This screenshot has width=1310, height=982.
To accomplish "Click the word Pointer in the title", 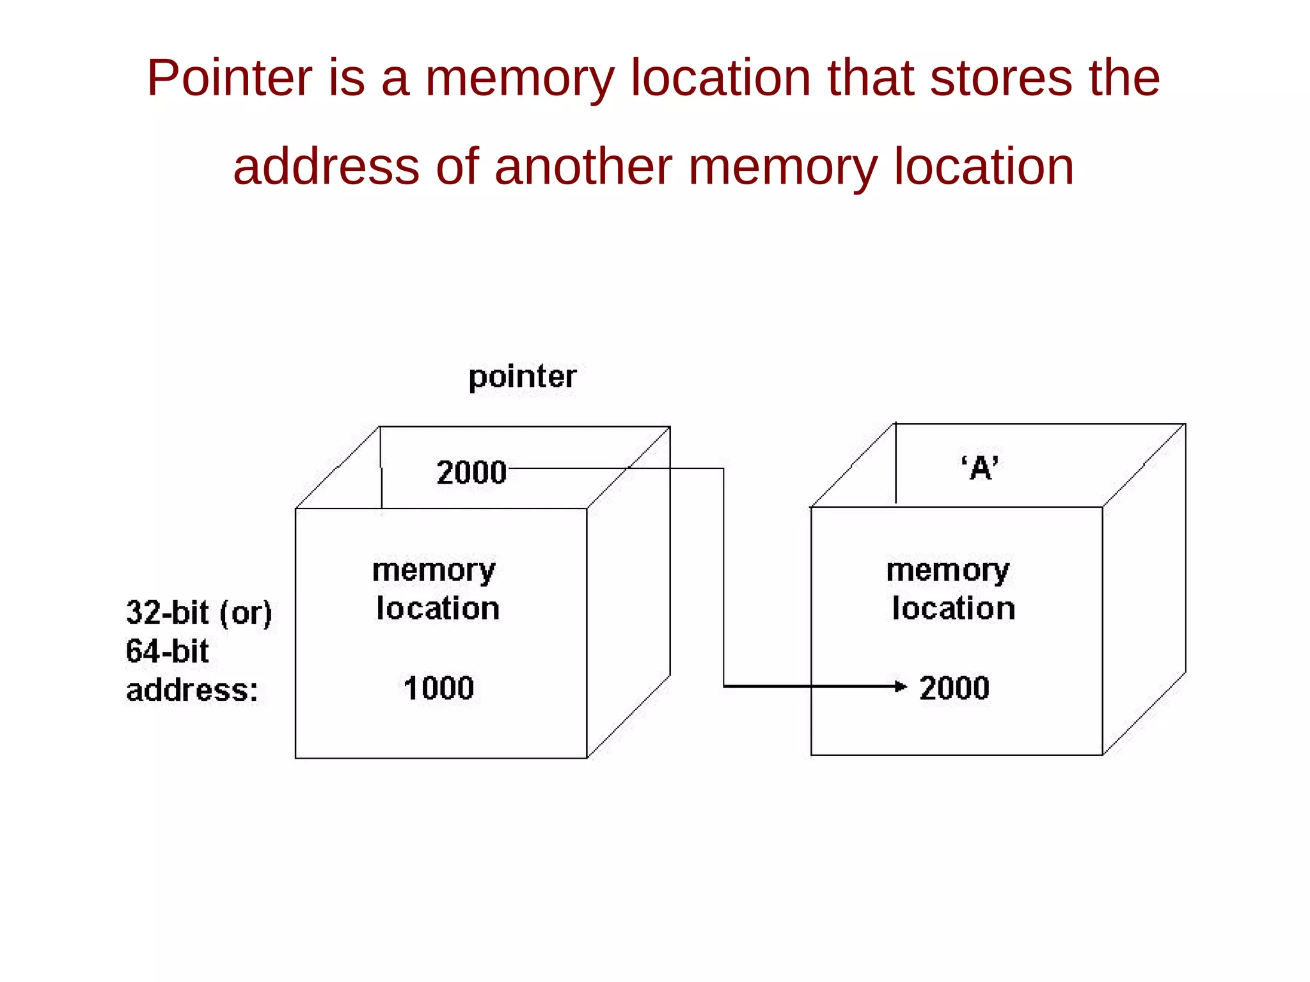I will click(x=230, y=78).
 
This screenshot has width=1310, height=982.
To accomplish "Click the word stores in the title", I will click(x=1000, y=78).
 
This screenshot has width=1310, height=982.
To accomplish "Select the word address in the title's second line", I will click(x=326, y=166).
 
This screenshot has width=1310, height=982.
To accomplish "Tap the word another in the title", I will click(x=583, y=166).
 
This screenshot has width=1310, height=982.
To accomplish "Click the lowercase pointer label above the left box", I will click(x=522, y=377).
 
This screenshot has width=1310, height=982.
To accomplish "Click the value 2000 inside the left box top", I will click(x=471, y=473).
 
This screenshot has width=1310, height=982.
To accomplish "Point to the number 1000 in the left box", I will click(x=439, y=688).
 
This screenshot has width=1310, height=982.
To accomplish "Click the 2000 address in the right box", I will click(x=954, y=688).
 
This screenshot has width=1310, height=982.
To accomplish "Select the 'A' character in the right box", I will click(x=980, y=468).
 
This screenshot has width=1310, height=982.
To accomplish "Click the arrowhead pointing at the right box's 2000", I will click(x=901, y=686).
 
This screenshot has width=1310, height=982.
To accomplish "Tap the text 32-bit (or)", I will click(x=199, y=613).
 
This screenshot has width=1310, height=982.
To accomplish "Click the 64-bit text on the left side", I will click(x=167, y=651).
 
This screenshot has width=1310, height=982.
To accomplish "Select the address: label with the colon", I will click(x=192, y=690).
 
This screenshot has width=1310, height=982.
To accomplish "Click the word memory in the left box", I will click(x=434, y=571).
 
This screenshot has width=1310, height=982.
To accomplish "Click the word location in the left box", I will click(x=438, y=608).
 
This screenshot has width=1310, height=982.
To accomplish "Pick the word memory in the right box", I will click(x=948, y=571).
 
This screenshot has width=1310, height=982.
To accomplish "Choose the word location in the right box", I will click(x=954, y=608).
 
